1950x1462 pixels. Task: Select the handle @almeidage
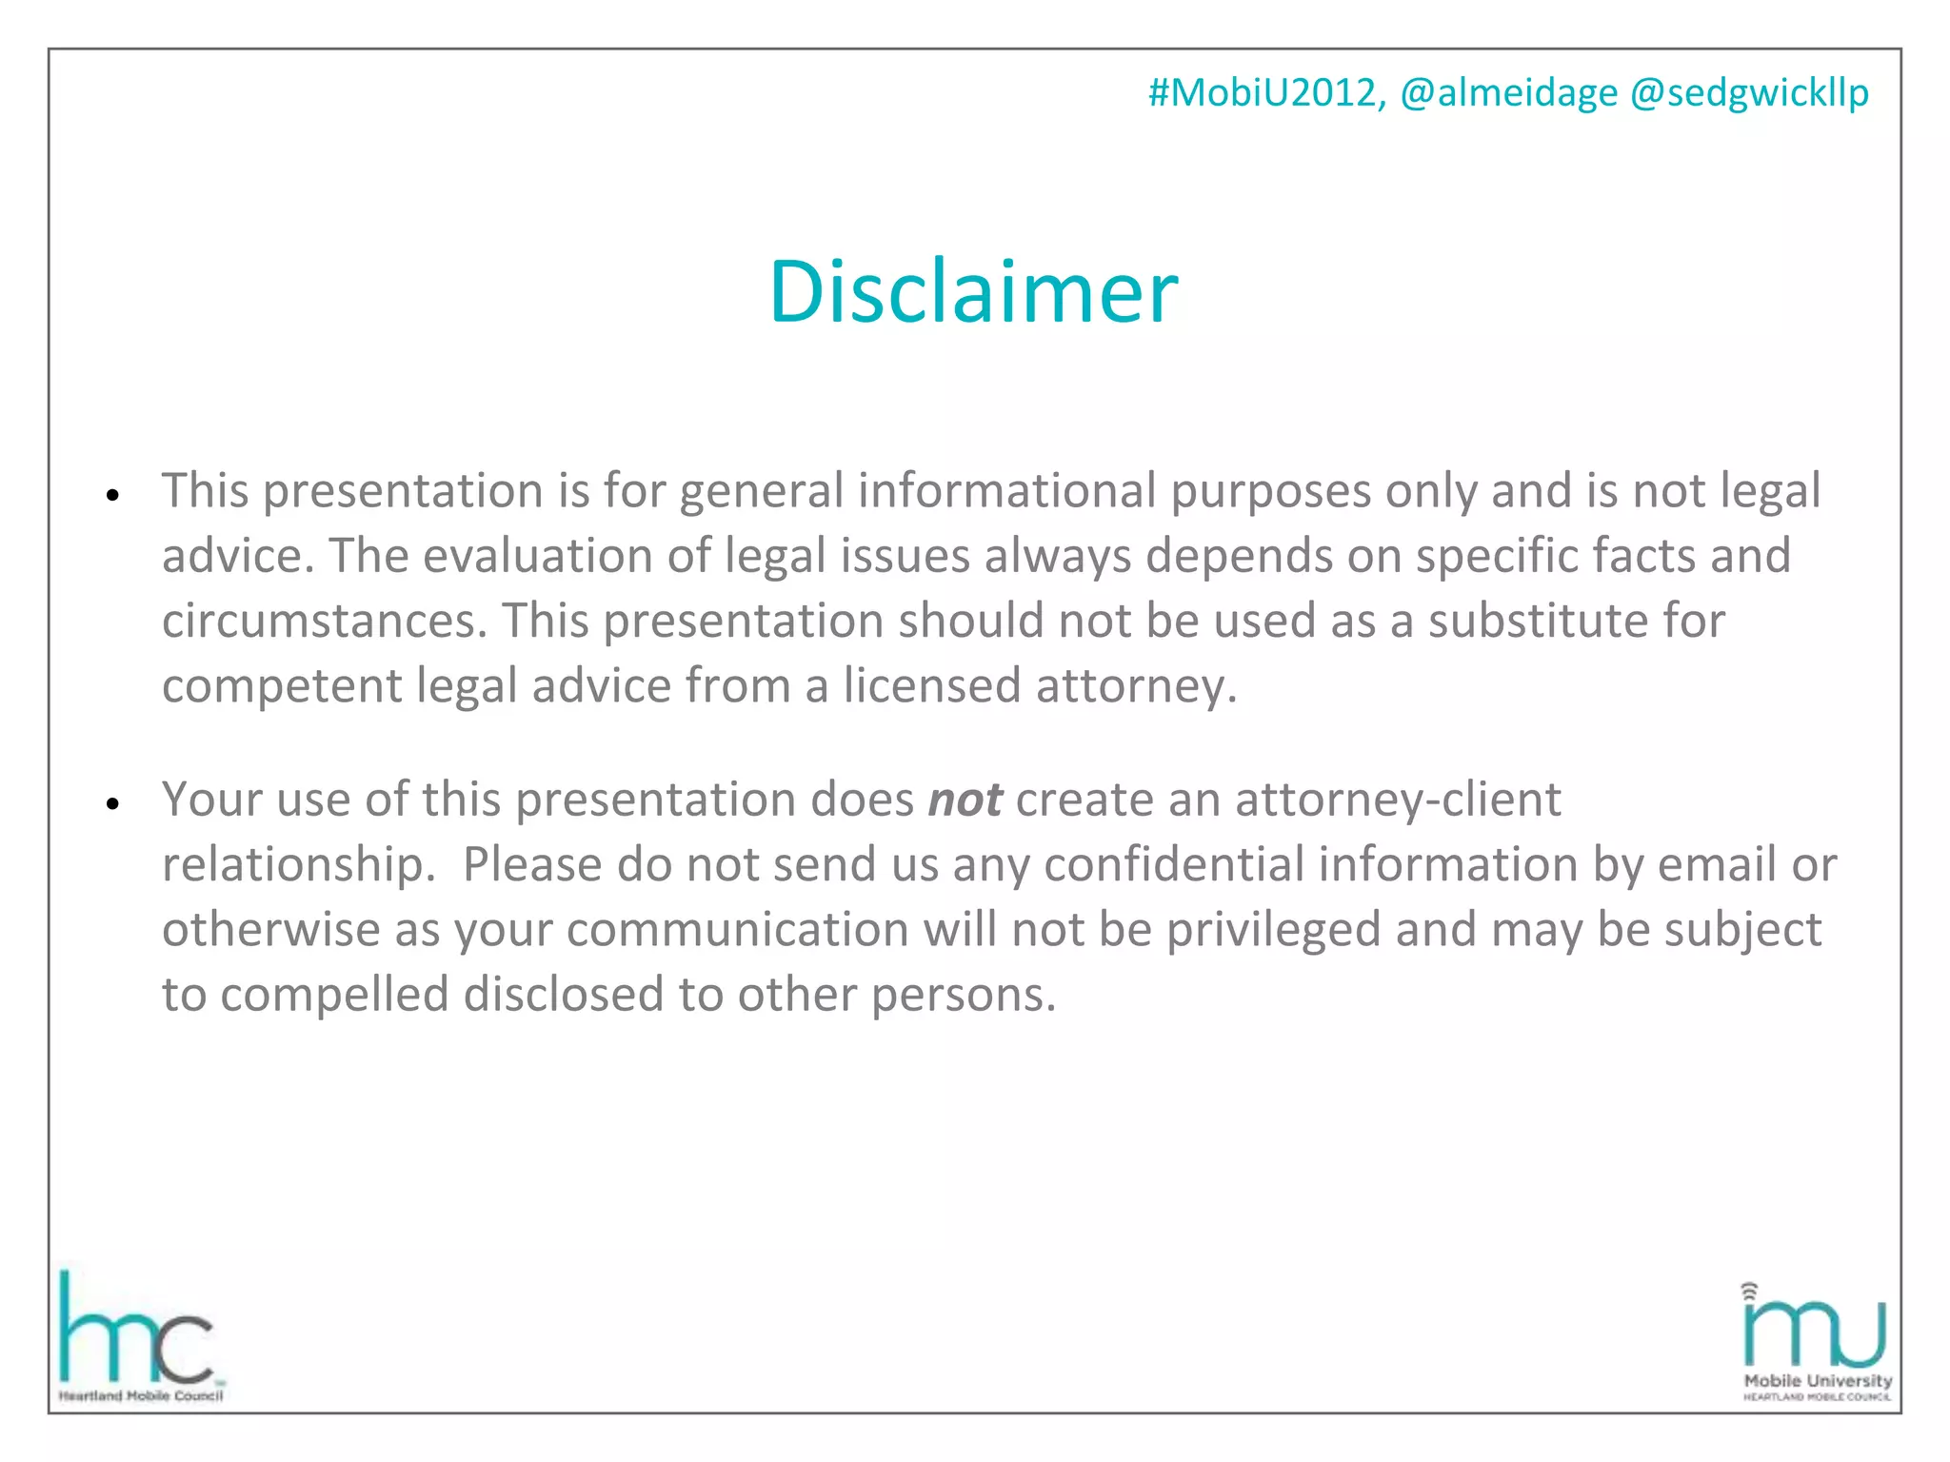click(x=1508, y=93)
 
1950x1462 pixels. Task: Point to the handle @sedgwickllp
click(x=1749, y=93)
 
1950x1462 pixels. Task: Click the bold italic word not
click(x=965, y=800)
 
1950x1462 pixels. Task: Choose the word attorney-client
click(x=1398, y=800)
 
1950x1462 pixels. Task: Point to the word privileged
click(x=1273, y=930)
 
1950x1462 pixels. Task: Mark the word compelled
click(x=334, y=995)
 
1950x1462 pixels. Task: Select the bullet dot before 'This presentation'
click(x=113, y=496)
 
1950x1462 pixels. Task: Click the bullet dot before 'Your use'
click(x=113, y=804)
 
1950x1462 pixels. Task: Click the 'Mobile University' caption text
click(x=1818, y=1380)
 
